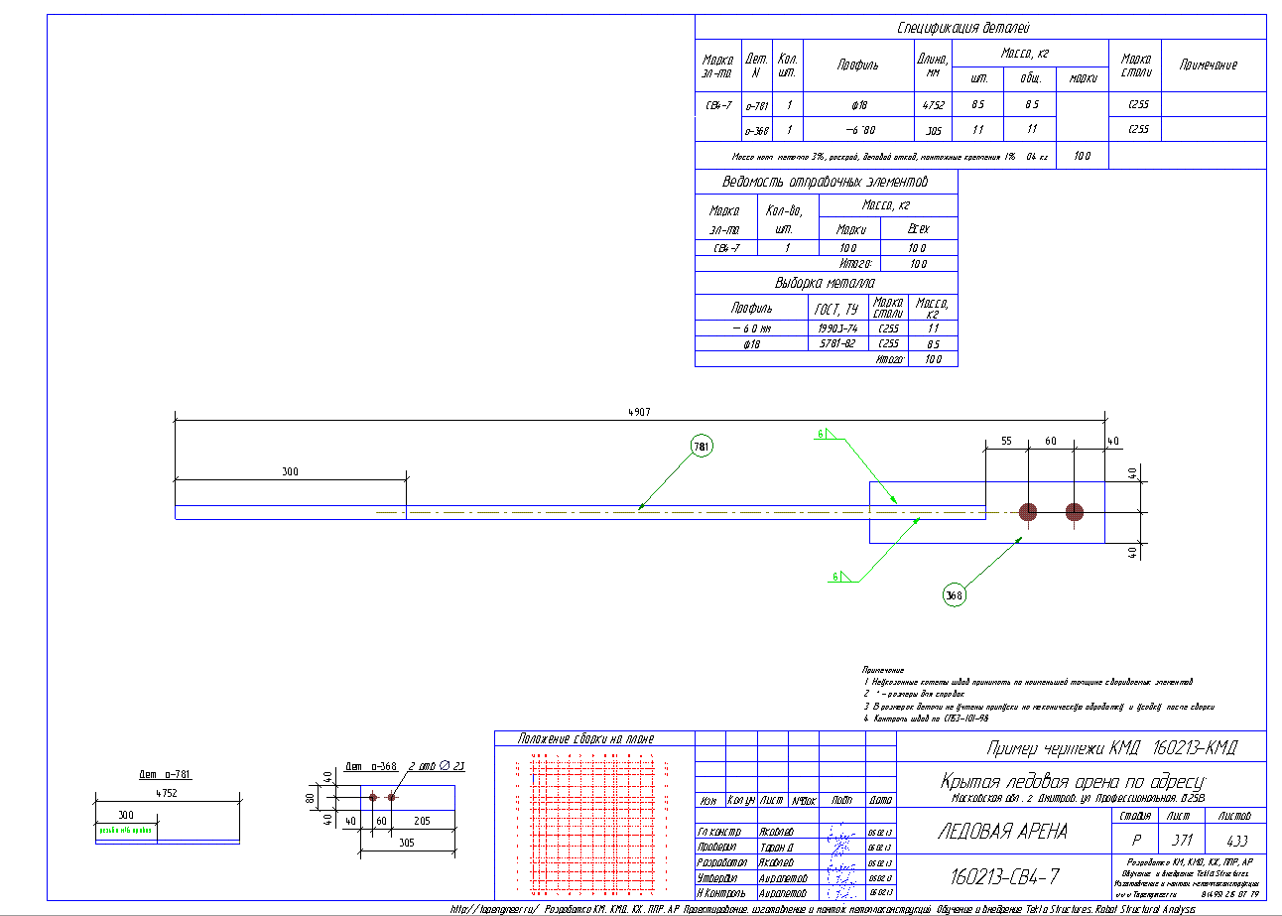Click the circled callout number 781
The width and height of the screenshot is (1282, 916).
702,448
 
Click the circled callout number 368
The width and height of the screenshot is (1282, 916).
953,594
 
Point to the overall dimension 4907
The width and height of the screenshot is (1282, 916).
640,412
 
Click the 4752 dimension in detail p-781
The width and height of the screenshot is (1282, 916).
167,793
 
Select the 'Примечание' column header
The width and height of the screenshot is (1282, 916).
1208,65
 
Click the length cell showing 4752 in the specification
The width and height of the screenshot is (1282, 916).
933,104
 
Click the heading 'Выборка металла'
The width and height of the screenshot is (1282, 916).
826,283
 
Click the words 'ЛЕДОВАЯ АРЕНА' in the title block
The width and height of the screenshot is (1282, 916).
1002,832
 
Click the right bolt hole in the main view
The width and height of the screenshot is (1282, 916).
1075,512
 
